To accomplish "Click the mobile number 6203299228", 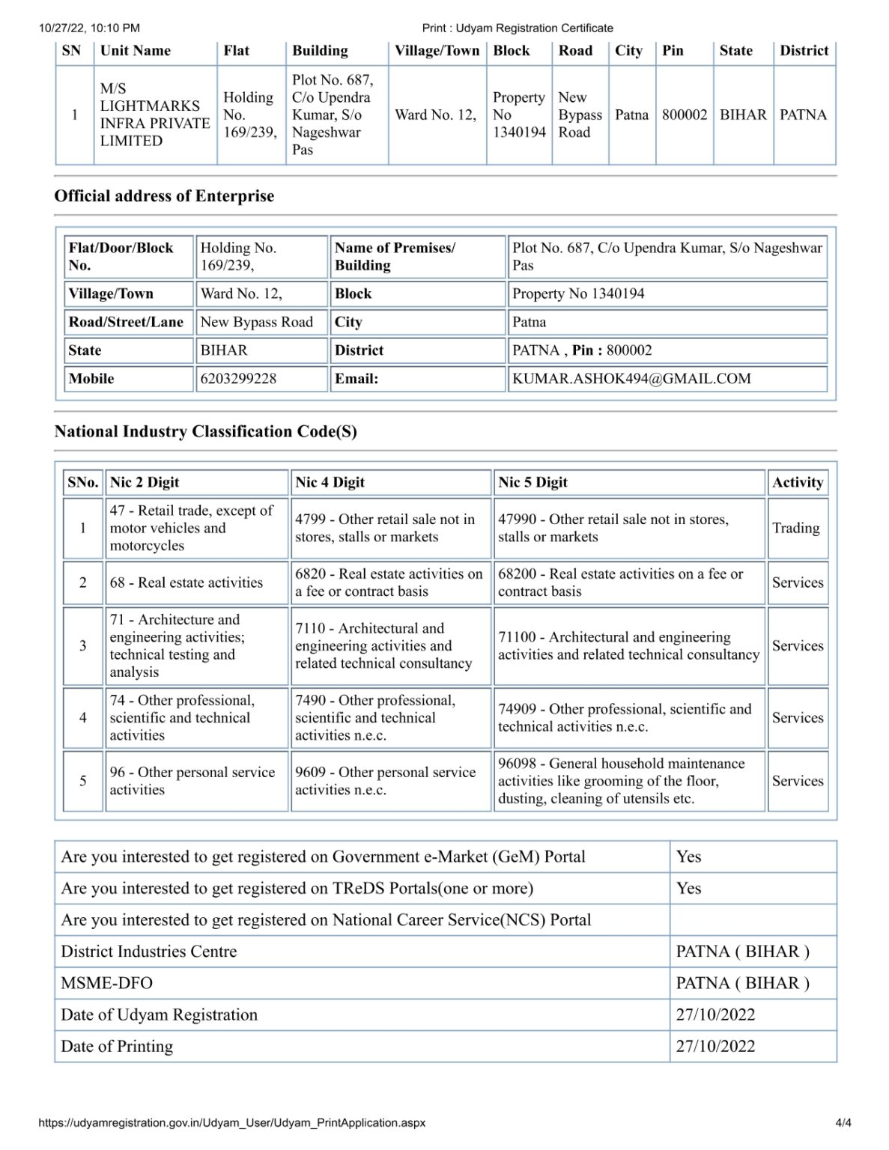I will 238,379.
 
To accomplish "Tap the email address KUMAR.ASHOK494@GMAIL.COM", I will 631,379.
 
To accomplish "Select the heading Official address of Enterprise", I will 164,196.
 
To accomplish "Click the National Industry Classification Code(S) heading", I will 205,431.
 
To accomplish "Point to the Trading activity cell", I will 796,528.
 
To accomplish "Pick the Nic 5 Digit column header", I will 533,482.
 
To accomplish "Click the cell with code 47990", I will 613,528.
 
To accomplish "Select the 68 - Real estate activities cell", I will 186,582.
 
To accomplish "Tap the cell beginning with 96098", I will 622,781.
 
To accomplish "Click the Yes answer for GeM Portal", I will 689,857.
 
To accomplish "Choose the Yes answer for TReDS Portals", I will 689,888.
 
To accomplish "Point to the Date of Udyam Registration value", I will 715,1014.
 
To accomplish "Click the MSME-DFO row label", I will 106,983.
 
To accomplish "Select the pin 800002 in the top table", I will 685,115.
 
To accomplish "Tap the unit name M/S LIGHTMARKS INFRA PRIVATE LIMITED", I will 154,115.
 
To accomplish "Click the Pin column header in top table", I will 673,51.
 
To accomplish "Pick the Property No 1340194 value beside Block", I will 578,293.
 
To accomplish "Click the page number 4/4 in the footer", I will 843,1122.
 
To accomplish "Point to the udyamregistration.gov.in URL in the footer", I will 232,1122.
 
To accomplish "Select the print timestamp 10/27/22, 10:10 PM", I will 89,28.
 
